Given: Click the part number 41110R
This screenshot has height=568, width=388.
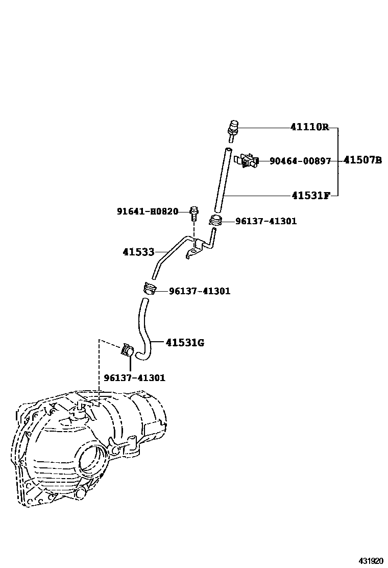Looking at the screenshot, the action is tap(309, 127).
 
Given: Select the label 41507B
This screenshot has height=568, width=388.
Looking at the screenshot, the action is tap(362, 160).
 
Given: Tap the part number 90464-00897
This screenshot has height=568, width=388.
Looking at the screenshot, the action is tap(300, 161).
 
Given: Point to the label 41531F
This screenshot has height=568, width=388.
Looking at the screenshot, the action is tap(311, 196).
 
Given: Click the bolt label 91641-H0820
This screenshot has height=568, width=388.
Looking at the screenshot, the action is tap(148, 211).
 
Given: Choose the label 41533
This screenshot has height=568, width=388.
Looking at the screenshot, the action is tap(138, 252).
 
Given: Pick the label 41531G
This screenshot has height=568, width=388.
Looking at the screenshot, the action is tap(185, 342).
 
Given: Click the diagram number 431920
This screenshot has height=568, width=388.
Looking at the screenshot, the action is tap(371, 561).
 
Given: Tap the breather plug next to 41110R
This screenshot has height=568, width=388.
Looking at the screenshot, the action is tap(233, 131).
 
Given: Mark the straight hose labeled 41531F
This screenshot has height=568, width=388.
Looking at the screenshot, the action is tap(222, 180).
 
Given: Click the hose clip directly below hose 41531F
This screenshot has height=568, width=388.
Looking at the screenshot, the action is tap(215, 220).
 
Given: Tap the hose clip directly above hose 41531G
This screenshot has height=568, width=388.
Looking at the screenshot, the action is tap(149, 289).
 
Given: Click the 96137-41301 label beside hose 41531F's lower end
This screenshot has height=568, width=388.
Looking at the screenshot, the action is tap(266, 221).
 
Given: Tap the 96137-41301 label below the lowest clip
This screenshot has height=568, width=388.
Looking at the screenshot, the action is tap(135, 378).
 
